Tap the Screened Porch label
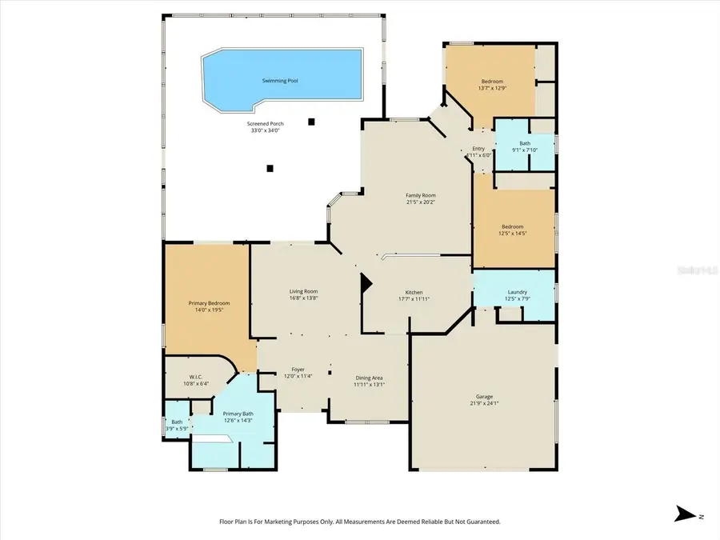(x=266, y=123)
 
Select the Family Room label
(x=420, y=195)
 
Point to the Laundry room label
(x=517, y=292)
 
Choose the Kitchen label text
(x=414, y=292)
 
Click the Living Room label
(x=304, y=291)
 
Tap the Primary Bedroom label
(x=209, y=303)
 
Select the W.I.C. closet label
(x=198, y=376)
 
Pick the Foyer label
(x=298, y=370)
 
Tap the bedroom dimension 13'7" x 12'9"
(x=492, y=89)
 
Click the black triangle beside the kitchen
(x=366, y=282)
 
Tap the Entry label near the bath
(x=478, y=149)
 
